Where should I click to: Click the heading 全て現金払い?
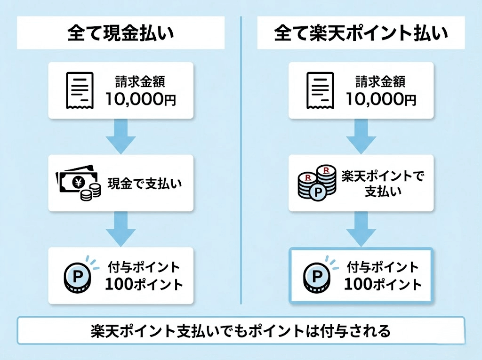pyautogui.click(x=120, y=34)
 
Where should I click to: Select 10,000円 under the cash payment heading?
pyautogui.click(x=141, y=99)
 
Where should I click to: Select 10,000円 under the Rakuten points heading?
pyautogui.click(x=380, y=99)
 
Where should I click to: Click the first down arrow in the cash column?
pyautogui.click(x=120, y=136)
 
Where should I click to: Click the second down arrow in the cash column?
pyautogui.click(x=120, y=229)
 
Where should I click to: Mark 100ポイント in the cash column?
pyautogui.click(x=144, y=285)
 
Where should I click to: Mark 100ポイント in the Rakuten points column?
pyautogui.click(x=382, y=285)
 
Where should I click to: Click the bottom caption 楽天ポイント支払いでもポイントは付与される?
pyautogui.click(x=241, y=331)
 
